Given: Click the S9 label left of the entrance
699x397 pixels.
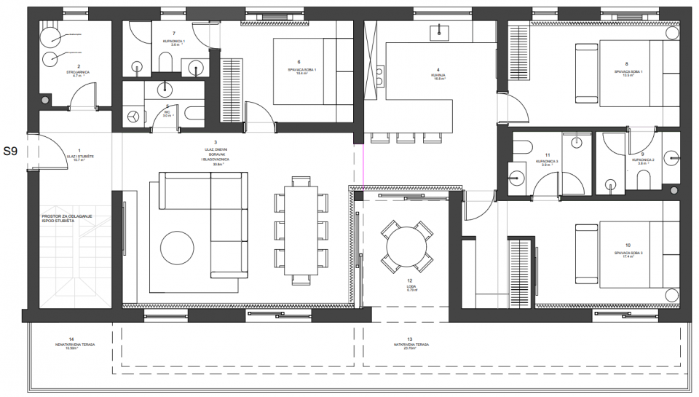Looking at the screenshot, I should [x=11, y=152].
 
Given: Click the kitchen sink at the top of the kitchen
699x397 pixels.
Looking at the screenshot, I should [x=440, y=31].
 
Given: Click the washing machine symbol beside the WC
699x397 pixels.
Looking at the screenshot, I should [x=133, y=116].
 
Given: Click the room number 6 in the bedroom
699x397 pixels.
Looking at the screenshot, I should [x=299, y=62].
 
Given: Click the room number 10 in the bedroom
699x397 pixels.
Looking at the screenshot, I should [x=628, y=246].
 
